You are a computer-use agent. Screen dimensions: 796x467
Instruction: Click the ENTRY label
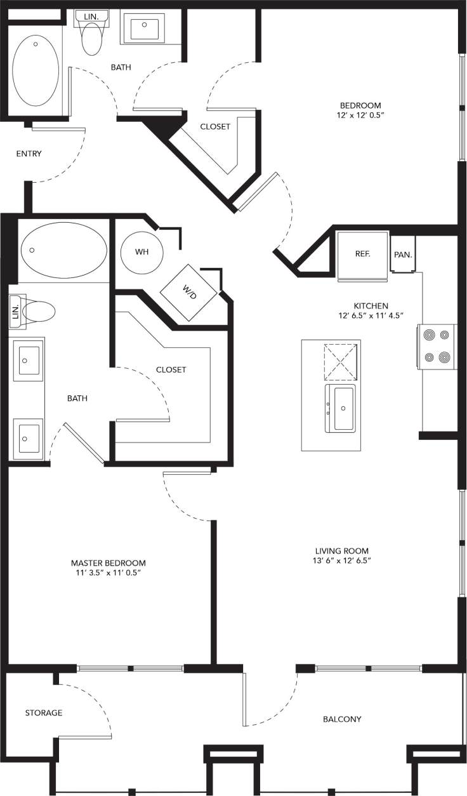pyautogui.click(x=29, y=154)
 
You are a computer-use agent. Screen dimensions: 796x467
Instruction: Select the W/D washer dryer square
pyautogui.click(x=190, y=291)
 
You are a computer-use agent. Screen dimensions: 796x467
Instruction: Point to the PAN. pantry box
pyautogui.click(x=403, y=255)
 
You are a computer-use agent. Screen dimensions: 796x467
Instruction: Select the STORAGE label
pyautogui.click(x=44, y=713)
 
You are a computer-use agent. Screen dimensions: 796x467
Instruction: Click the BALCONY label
pyautogui.click(x=342, y=719)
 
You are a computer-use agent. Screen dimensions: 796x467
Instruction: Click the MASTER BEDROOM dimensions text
pyautogui.click(x=108, y=573)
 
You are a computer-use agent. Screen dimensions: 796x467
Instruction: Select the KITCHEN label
pyautogui.click(x=372, y=305)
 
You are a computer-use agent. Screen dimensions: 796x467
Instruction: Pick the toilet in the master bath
pyautogui.click(x=39, y=312)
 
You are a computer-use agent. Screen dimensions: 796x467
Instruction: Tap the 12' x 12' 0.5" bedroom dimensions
pyautogui.click(x=360, y=116)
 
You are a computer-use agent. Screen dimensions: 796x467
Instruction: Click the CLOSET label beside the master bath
pyautogui.click(x=171, y=369)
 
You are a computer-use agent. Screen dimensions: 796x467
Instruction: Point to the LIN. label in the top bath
pyautogui.click(x=90, y=15)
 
